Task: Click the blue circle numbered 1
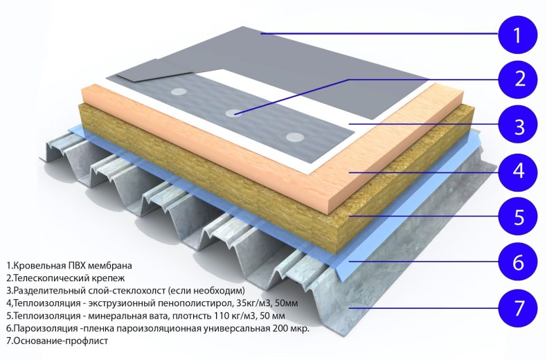pyautogui.click(x=517, y=35)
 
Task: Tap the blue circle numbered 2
pyautogui.click(x=518, y=79)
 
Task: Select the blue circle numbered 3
pyautogui.click(x=518, y=125)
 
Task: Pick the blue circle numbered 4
pyautogui.click(x=518, y=171)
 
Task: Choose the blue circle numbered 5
pyautogui.click(x=518, y=217)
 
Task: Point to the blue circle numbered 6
pyautogui.click(x=518, y=262)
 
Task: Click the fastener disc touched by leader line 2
pyautogui.click(x=234, y=113)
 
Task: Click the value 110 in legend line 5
pyautogui.click(x=219, y=316)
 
